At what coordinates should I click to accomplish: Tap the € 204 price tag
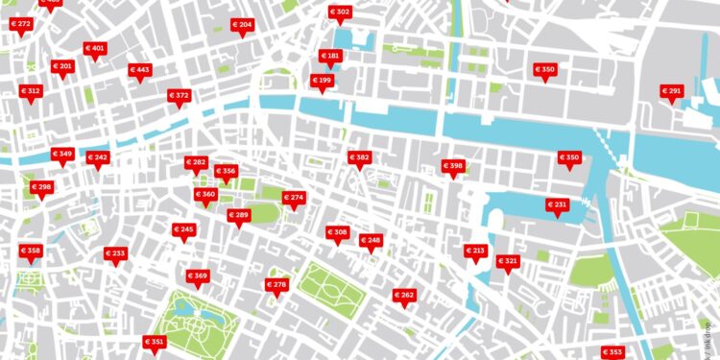(242, 25)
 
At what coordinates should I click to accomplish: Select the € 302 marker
(340, 12)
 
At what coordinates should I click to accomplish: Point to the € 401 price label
(94, 48)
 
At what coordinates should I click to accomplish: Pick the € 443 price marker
(140, 70)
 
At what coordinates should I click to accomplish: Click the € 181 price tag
(330, 57)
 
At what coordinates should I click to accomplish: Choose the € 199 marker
(322, 81)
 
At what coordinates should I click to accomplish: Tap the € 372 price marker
(179, 96)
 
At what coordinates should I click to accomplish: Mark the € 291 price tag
(671, 92)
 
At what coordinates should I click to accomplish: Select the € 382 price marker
(359, 157)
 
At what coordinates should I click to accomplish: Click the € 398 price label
(452, 167)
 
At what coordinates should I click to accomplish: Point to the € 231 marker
(558, 205)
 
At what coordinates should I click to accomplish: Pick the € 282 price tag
(196, 163)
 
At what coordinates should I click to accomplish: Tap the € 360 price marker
(205, 195)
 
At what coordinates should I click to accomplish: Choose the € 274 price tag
(293, 198)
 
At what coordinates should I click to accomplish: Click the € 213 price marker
(475, 252)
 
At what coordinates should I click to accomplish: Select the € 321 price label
(508, 262)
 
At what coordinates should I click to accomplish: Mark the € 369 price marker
(198, 276)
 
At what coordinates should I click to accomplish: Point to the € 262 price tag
(404, 296)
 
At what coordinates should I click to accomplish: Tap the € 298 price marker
(41, 187)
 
